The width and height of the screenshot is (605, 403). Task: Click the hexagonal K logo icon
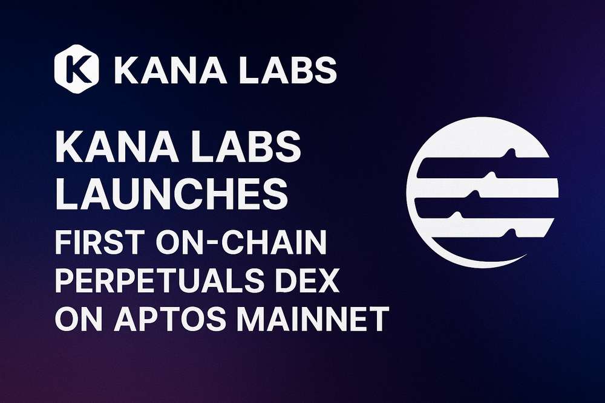pyautogui.click(x=76, y=69)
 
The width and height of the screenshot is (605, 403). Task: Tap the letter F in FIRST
pyautogui.click(x=64, y=242)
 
